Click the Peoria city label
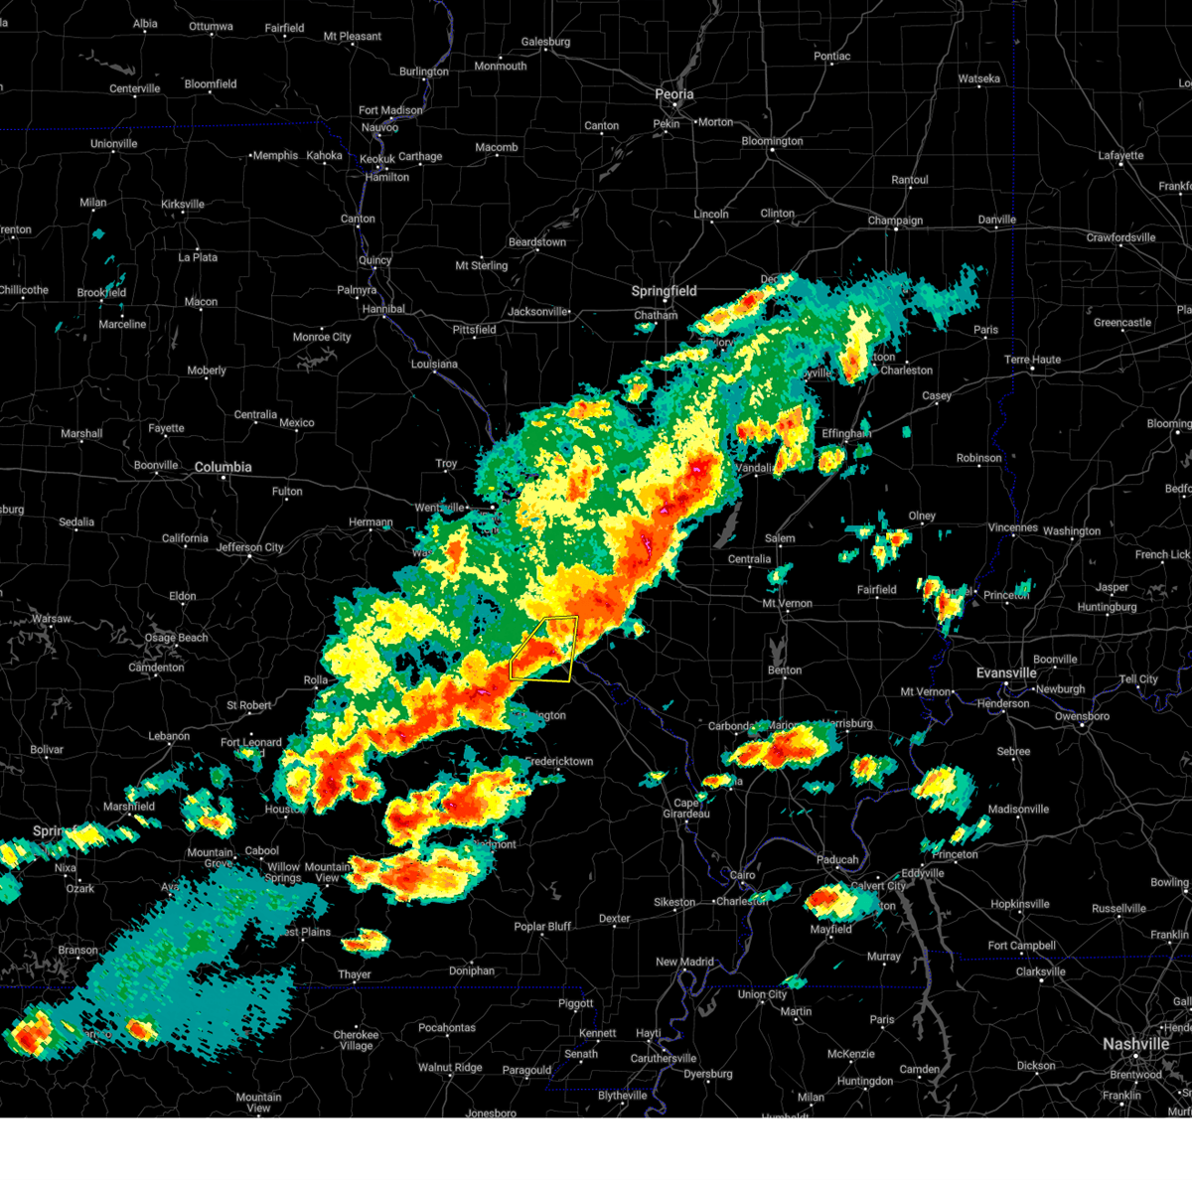click(673, 94)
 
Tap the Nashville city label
click(1135, 1044)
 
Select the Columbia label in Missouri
click(223, 467)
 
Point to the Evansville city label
click(1006, 673)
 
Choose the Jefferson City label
click(249, 547)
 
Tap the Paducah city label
click(837, 860)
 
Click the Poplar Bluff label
click(542, 927)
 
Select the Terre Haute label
click(1032, 360)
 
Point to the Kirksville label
click(183, 205)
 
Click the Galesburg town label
click(545, 42)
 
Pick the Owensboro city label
click(1082, 716)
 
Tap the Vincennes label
click(1012, 528)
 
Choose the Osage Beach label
click(176, 638)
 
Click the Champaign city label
click(895, 221)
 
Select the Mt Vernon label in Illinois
click(787, 604)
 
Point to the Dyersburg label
click(708, 1074)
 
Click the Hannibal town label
click(383, 309)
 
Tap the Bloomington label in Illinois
click(772, 141)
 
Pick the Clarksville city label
click(1040, 972)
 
